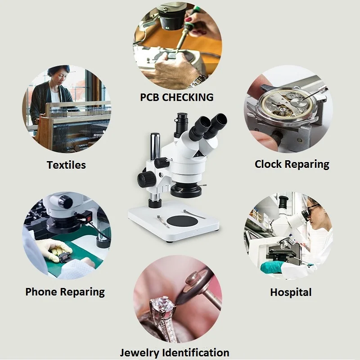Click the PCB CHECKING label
176,97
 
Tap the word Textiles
66,165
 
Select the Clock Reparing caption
292,164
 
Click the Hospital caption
291,292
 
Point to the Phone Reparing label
65,292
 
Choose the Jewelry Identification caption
175,352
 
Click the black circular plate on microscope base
186,221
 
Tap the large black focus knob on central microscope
147,179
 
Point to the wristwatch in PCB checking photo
198,80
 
